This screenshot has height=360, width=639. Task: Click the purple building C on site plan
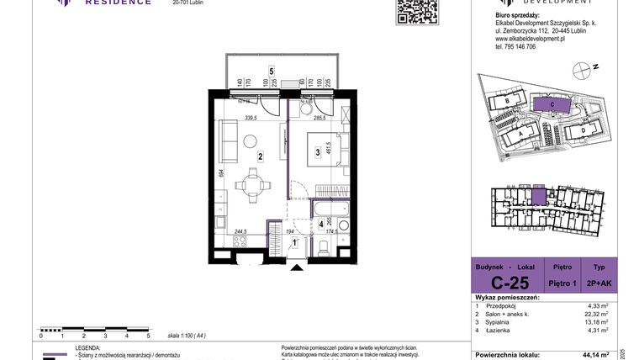tap(551, 104)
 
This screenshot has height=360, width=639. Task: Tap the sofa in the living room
tap(225, 141)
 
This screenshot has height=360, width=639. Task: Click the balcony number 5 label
tap(271, 71)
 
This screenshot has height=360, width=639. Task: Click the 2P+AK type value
tap(603, 283)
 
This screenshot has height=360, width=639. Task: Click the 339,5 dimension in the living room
tap(245, 119)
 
